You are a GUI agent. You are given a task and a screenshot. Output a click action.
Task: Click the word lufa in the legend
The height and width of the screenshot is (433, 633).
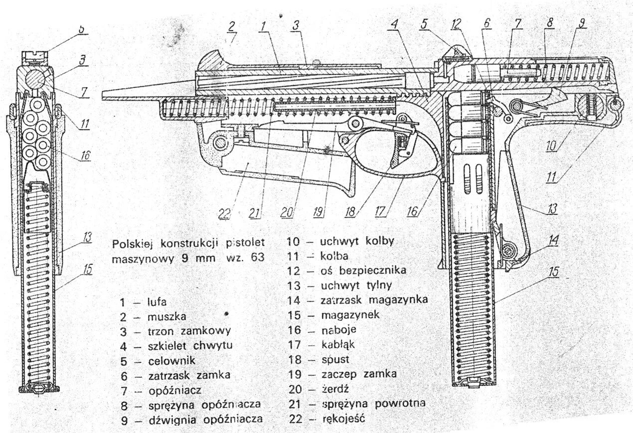[x=158, y=302]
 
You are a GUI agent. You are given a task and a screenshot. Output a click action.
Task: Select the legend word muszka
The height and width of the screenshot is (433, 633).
[x=162, y=316]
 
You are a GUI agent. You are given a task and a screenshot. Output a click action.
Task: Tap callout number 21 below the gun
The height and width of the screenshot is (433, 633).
[x=255, y=213]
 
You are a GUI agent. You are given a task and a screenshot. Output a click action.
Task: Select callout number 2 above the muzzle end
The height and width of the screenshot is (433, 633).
[x=232, y=26]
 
